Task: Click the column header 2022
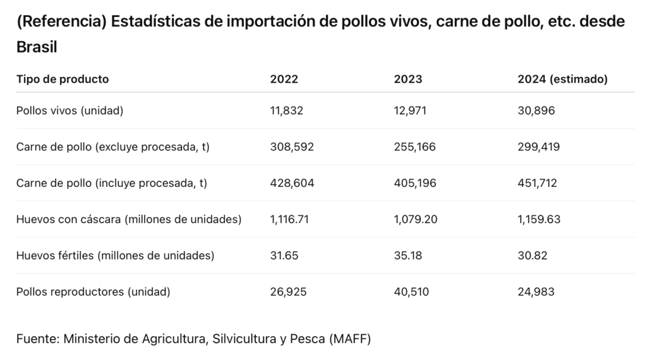pyautogui.click(x=284, y=80)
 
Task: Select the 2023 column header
pyautogui.click(x=408, y=80)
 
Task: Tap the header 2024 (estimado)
pyautogui.click(x=562, y=80)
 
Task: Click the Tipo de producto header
pyautogui.click(x=63, y=80)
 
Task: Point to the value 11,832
pyautogui.click(x=287, y=111)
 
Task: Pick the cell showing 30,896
pyautogui.click(x=536, y=111)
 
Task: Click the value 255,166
pyautogui.click(x=415, y=147)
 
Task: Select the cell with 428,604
pyautogui.click(x=292, y=183)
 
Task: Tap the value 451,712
pyautogui.click(x=538, y=183)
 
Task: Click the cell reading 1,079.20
pyautogui.click(x=415, y=220)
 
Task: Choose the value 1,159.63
pyautogui.click(x=539, y=220)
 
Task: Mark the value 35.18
pyautogui.click(x=407, y=256)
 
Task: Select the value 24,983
pyautogui.click(x=536, y=292)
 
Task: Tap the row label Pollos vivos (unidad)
pyautogui.click(x=70, y=111)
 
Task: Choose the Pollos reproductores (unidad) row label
pyautogui.click(x=94, y=292)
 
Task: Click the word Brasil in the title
pyautogui.click(x=37, y=48)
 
